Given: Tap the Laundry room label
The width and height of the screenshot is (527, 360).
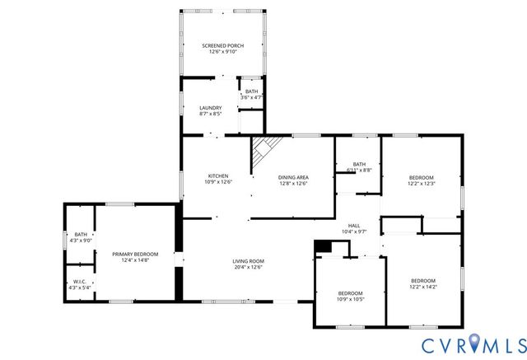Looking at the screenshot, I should coord(211,108).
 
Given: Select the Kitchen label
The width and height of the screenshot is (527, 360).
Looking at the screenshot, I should coord(218,176).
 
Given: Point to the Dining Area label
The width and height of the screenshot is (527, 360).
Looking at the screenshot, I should coord(292,176).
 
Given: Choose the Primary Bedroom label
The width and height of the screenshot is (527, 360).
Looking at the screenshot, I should coord(135,254).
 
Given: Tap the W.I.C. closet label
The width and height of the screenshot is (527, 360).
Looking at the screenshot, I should coord(80,282).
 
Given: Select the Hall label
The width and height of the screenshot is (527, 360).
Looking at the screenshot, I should coord(354,226).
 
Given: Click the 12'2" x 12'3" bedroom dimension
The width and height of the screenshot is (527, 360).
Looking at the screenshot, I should coord(422,184).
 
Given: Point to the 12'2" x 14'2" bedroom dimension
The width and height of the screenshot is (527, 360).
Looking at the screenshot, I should coord(423,287).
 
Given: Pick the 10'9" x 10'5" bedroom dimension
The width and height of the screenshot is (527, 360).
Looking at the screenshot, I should coord(350,300).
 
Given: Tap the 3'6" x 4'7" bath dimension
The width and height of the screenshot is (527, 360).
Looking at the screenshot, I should coord(251,97).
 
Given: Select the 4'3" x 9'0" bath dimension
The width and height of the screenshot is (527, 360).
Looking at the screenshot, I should coord(81,241).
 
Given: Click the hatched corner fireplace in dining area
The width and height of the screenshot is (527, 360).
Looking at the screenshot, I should coord(267,150).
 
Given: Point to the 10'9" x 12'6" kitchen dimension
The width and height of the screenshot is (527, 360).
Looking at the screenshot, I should coord(218,183).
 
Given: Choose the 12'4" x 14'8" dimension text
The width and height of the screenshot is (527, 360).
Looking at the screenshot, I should coord(135,260).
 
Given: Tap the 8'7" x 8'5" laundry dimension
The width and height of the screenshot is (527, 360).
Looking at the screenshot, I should coord(211,115).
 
